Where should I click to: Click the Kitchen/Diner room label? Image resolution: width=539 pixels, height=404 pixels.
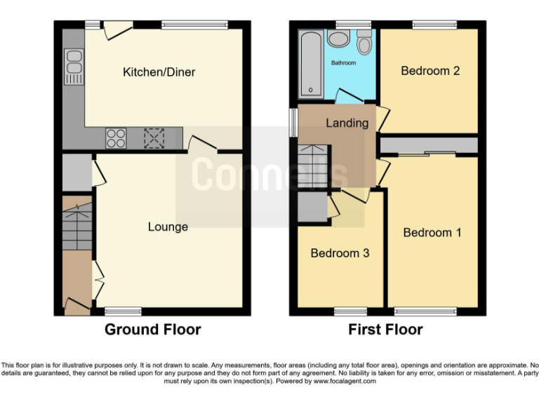point(159,72)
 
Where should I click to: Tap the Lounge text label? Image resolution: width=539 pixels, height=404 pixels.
point(168,227)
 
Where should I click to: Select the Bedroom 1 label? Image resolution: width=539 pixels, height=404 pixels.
point(432,232)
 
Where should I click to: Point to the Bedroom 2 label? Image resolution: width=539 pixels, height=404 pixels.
point(430,71)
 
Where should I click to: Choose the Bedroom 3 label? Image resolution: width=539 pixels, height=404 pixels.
point(340,253)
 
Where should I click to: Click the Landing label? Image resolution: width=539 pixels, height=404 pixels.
point(347,123)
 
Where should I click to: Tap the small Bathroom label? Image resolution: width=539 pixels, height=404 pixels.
point(344,63)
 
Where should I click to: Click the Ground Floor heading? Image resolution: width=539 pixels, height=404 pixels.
point(152,330)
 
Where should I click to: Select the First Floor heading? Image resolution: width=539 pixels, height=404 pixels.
point(385,330)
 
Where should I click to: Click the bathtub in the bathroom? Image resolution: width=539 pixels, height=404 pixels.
point(310,64)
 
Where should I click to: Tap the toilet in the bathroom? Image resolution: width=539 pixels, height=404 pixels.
point(364,45)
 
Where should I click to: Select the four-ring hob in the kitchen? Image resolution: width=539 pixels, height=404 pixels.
point(116,137)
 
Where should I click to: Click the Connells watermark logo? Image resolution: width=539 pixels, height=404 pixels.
point(269,174)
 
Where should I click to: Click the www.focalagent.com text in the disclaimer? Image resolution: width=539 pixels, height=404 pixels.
point(344,382)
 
